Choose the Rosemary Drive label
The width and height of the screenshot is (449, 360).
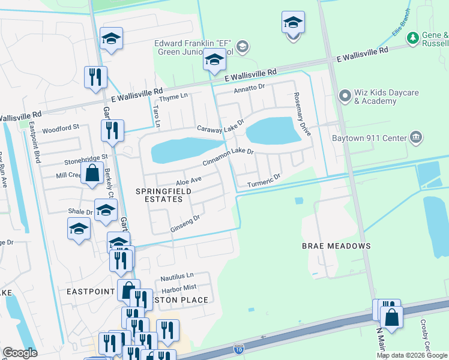tap(303, 113)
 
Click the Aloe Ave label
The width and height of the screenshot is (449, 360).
tap(188, 180)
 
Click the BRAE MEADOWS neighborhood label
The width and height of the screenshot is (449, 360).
tap(336, 246)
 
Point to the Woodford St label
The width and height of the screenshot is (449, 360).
tap(61, 128)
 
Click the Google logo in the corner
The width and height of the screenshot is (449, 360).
tap(20, 353)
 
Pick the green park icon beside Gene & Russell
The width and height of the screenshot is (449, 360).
tap(412, 38)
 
